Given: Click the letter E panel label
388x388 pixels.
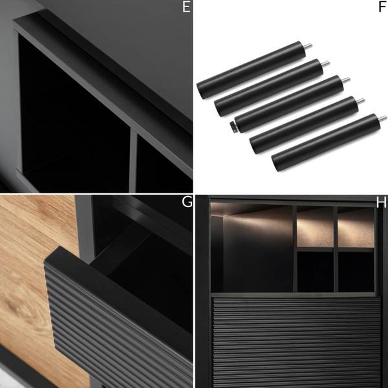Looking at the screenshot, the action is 186,7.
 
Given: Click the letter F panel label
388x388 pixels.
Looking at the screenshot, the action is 382,7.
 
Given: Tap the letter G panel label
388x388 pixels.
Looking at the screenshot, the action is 187,202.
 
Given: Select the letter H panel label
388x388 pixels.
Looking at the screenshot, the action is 381,202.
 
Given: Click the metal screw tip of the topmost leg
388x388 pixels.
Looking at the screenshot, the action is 308,47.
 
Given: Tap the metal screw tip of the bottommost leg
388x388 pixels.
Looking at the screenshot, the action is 383,118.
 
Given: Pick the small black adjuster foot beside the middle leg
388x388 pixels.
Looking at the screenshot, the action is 233,126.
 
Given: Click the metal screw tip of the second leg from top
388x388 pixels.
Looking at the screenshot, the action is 326,63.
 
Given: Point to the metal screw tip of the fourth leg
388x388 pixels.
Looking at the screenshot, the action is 361,101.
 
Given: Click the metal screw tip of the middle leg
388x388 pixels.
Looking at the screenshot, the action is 346,80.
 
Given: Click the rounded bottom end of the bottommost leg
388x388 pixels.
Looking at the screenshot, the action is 275,164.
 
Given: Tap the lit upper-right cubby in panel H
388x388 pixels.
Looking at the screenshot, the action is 356,228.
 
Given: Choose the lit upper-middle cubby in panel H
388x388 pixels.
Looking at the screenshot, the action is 315,227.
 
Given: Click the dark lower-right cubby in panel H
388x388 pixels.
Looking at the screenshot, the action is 356,272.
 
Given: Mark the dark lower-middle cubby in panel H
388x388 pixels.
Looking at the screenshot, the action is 316,272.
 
